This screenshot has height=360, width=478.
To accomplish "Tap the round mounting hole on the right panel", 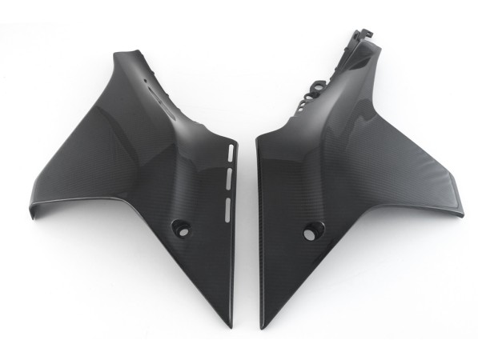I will click(310, 234).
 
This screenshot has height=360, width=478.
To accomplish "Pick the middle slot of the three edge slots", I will click(228, 174).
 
